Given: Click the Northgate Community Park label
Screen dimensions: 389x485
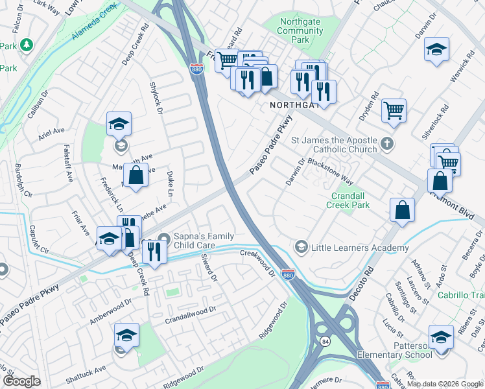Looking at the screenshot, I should coord(300,30).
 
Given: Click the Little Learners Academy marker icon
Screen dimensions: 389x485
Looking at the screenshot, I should coord(301,247).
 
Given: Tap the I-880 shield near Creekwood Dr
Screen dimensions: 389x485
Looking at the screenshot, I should coord(289,274).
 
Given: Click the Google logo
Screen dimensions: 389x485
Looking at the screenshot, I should coord(21,381).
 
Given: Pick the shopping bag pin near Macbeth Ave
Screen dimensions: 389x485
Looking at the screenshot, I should coord(136,176).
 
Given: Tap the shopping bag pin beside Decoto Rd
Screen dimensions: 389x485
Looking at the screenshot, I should coord(402,210).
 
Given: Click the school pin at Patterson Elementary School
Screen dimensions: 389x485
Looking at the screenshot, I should coord(441,337).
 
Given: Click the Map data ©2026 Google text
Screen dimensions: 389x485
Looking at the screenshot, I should coord(445,384).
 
